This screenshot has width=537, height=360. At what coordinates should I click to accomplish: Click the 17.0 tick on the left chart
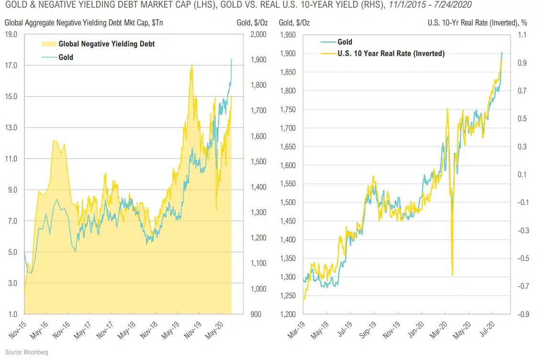[x=11, y=65]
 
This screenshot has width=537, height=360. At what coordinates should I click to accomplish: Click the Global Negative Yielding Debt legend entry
[x=106, y=44]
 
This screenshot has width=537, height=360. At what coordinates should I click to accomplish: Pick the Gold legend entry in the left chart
[x=66, y=57]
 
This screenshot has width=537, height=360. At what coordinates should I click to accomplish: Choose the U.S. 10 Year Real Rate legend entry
[x=390, y=54]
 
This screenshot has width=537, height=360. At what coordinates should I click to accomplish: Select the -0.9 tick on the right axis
[x=521, y=315]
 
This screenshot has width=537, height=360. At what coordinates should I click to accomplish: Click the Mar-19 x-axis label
[x=299, y=328]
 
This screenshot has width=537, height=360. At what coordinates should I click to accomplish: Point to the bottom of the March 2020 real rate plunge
[x=452, y=275]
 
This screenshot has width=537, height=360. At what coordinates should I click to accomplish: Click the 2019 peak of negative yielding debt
[x=192, y=66]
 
